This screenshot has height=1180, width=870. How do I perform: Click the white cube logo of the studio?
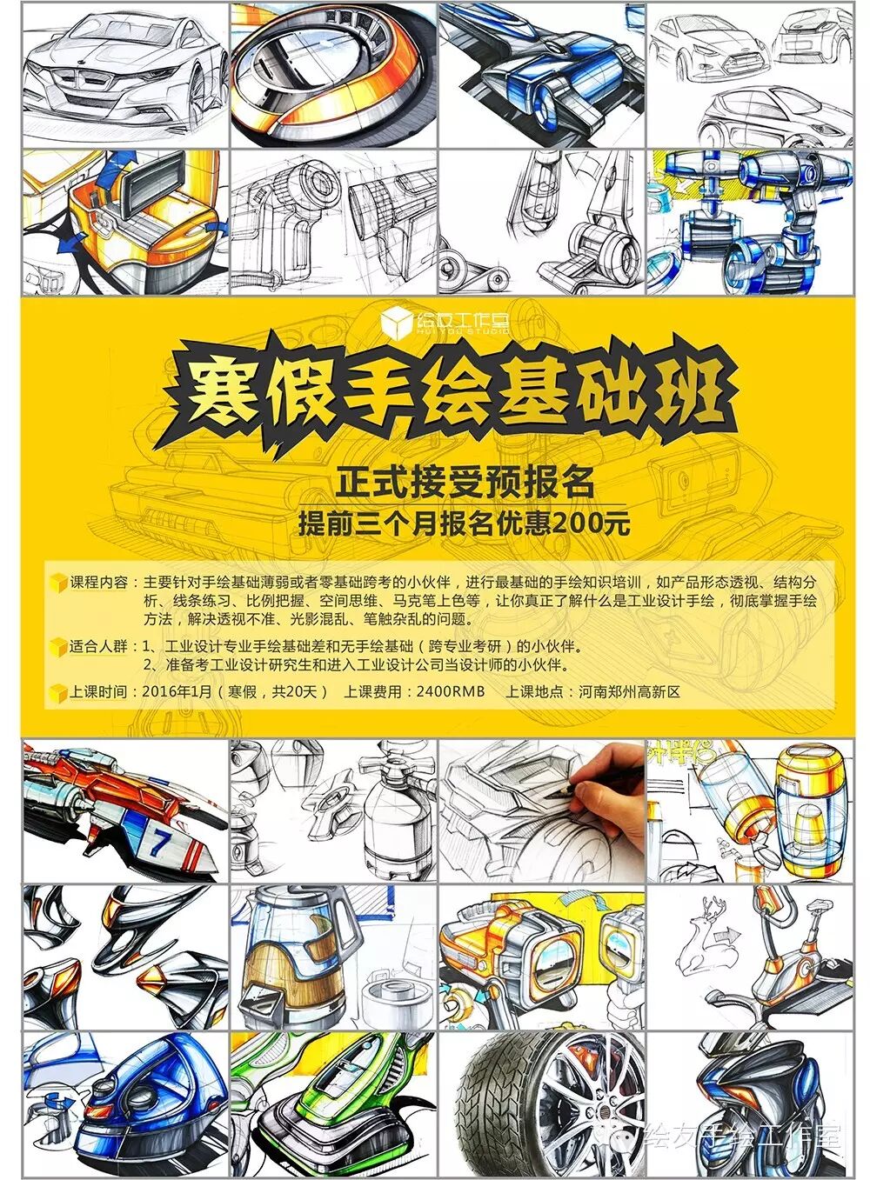[396, 323]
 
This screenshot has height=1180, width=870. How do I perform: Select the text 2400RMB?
[450, 690]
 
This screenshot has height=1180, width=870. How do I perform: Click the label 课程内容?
[99, 583]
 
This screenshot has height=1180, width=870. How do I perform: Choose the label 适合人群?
[99, 645]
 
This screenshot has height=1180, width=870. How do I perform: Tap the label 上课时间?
[99, 690]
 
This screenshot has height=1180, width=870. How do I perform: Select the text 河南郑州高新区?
[629, 690]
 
